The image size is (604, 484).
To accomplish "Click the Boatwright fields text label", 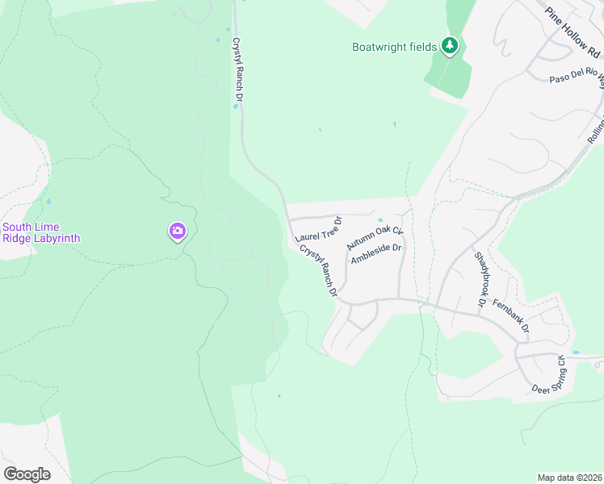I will [395, 47].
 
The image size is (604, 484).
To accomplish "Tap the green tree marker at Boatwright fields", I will [451, 47].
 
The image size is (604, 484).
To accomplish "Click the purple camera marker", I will [177, 232].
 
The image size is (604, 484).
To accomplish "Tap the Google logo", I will [27, 474].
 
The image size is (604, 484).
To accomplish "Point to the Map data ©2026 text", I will [568, 478].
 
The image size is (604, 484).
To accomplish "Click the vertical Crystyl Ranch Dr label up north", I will [237, 73].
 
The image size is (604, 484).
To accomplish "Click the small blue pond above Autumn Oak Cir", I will [380, 219].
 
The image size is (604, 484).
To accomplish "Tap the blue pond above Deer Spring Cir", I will [575, 353].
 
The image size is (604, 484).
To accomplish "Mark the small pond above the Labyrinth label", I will [49, 202].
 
